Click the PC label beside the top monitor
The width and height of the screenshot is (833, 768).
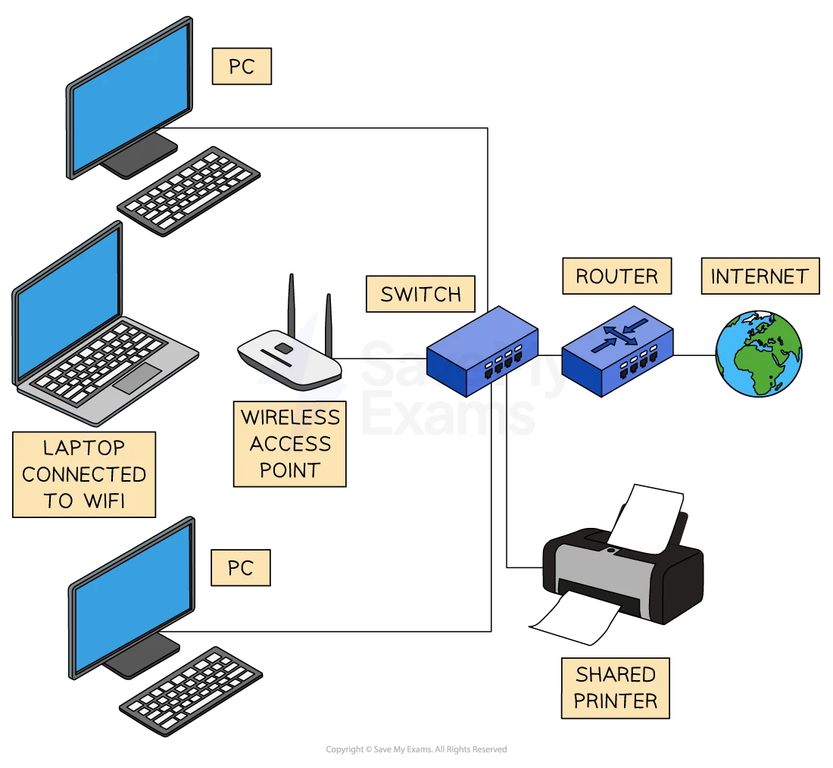tap(241, 67)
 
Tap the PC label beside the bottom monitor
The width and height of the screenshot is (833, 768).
tap(241, 567)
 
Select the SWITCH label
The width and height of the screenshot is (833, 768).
tap(420, 294)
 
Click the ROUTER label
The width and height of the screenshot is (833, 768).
tap(616, 276)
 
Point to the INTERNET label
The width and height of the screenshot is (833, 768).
tap(760, 276)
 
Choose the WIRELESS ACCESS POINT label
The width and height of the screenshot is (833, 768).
tap(289, 443)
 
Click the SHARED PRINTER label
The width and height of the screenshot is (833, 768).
tap(615, 687)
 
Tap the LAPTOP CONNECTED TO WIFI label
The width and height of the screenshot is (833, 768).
tap(84, 474)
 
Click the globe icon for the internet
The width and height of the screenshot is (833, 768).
tap(759, 353)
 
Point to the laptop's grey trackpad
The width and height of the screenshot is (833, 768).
tap(138, 377)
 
